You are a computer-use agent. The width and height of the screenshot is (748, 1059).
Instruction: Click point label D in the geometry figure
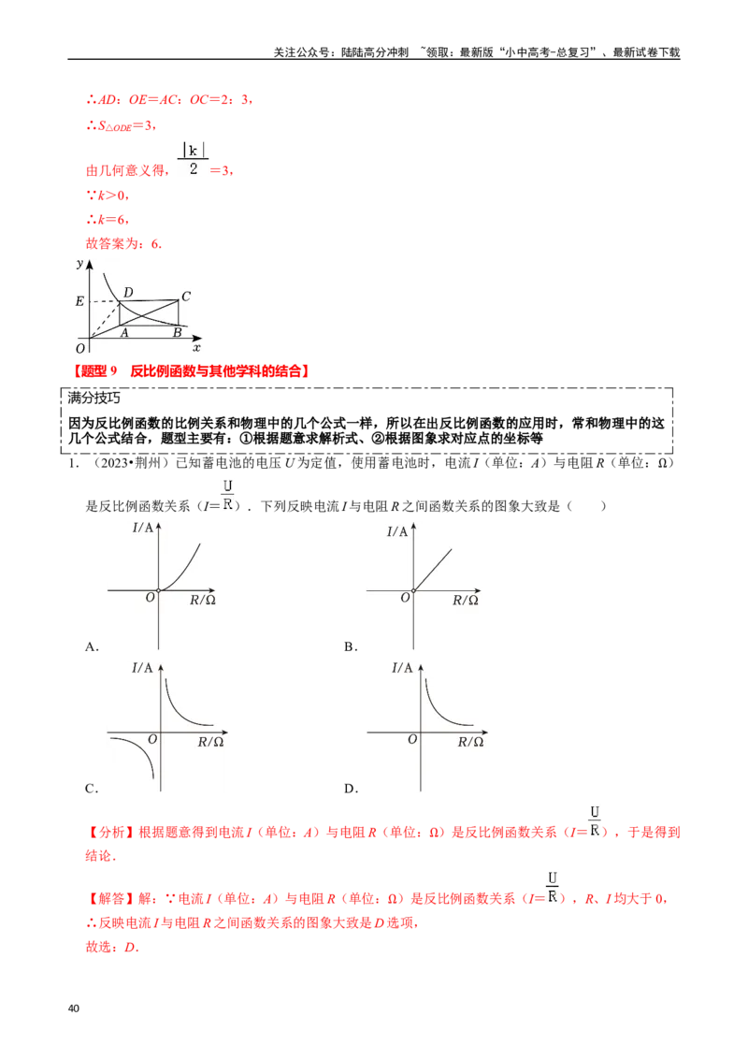tap(128, 293)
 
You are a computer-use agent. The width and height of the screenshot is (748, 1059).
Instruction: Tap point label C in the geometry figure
tap(186, 297)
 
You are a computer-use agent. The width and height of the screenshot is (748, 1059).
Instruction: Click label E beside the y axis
tap(79, 301)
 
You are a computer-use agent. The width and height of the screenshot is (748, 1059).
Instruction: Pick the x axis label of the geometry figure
tap(196, 347)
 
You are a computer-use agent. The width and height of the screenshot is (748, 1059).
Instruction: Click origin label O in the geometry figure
tap(80, 349)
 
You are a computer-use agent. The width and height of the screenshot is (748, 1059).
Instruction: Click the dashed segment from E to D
tap(103, 301)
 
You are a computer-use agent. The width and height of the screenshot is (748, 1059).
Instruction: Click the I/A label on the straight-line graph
tap(397, 531)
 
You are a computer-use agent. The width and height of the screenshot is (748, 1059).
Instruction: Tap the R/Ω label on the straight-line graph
tap(465, 601)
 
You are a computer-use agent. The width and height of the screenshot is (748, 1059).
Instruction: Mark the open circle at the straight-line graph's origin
tap(414, 590)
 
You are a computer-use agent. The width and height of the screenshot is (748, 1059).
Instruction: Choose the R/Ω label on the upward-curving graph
tap(203, 601)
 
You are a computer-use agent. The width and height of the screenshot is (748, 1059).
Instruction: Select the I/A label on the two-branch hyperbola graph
tap(142, 668)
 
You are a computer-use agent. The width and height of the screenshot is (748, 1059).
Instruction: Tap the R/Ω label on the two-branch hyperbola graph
tap(210, 742)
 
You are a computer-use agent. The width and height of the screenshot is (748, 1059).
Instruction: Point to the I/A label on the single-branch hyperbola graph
tap(402, 668)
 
